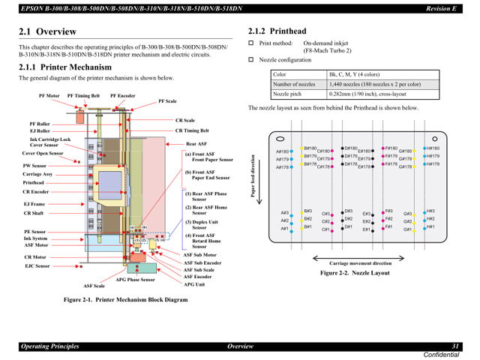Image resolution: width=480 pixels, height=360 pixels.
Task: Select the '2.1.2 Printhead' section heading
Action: coord(277,31)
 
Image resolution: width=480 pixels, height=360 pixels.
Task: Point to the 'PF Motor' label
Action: coord(49,96)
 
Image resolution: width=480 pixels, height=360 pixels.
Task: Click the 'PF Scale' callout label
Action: coord(167,101)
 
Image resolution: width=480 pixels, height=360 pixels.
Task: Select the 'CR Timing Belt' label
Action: coord(192,130)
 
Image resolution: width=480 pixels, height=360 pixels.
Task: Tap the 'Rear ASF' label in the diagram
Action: coord(196,144)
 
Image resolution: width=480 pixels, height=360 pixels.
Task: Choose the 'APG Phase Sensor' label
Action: coord(135,279)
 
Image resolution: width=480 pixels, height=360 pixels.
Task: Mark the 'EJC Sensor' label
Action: coord(37,265)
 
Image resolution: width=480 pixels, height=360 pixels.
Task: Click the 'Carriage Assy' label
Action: coord(37,174)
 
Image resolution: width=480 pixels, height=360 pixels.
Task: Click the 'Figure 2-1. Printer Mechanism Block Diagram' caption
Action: coord(125,299)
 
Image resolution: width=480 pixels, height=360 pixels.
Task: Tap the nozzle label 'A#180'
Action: coord(283,151)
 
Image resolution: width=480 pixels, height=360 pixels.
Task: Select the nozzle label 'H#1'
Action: coord(430,227)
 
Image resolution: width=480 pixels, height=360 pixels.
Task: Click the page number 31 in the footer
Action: coord(454,346)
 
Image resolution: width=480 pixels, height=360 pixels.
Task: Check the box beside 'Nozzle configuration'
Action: coord(252,59)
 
